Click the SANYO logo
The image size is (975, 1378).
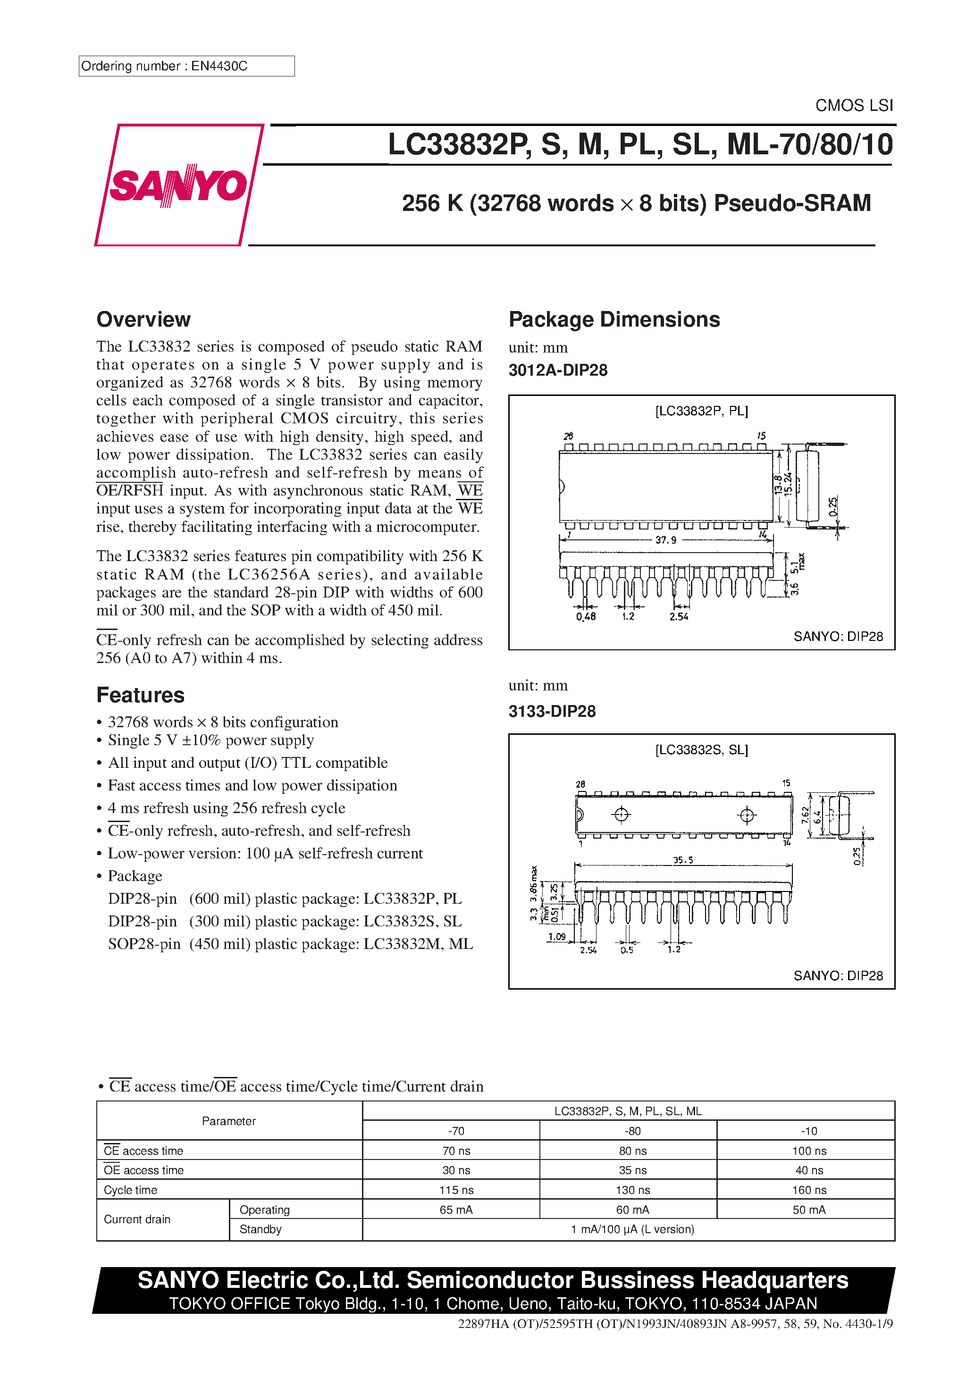point(178,185)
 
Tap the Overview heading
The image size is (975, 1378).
point(143,319)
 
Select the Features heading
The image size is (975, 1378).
point(141,695)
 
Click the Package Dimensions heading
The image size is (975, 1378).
point(614,319)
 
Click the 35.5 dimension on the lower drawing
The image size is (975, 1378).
point(682,860)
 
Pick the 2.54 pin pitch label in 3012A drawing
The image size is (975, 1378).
point(679,617)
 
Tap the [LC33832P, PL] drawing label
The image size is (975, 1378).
point(701,411)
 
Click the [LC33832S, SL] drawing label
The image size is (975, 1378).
point(701,750)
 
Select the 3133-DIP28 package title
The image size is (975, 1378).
point(552,712)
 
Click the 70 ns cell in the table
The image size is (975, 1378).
point(456,1151)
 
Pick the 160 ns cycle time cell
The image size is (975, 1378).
point(809,1190)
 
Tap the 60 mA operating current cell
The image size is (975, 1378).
point(632,1210)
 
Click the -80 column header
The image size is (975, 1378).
point(632,1131)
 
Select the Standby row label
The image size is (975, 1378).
point(261,1229)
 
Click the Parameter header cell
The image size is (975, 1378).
point(229,1121)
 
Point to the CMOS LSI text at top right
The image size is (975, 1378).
point(854,106)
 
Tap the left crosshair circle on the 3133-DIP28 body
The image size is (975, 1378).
point(622,815)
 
